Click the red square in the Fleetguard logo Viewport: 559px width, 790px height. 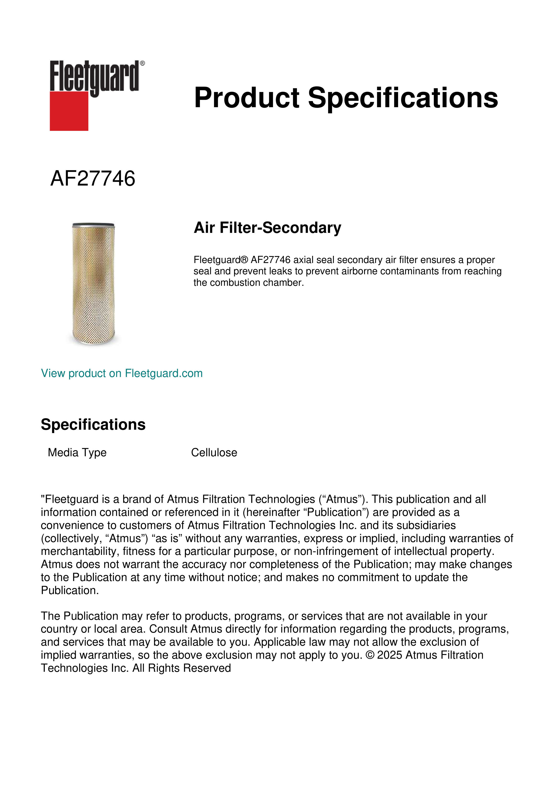[69, 111]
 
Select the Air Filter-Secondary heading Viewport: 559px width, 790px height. [267, 228]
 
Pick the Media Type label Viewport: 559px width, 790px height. [77, 452]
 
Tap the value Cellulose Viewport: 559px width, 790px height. [214, 452]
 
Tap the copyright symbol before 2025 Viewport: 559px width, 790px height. [370, 655]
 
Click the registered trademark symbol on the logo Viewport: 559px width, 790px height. [142, 63]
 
